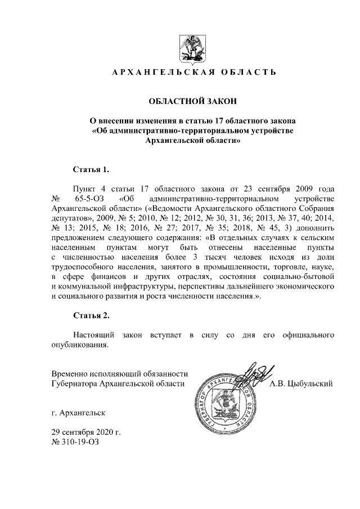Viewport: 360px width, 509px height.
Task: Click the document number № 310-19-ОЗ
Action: point(78,442)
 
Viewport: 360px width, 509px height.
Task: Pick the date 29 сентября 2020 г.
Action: point(86,432)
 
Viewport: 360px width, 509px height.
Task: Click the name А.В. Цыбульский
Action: point(301,384)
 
